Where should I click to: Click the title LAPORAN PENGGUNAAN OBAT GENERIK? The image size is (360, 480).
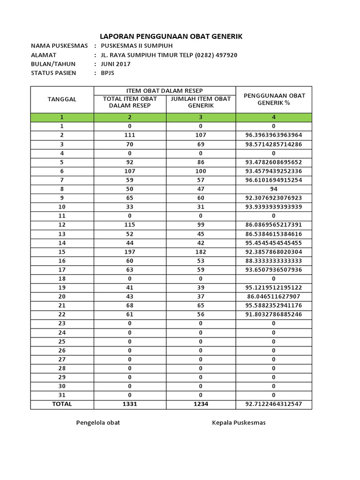pos(171,37)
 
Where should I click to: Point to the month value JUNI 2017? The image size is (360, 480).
pos(115,64)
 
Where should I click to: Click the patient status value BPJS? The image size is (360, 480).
pos(107,73)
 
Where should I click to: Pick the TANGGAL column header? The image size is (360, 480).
pos(62,99)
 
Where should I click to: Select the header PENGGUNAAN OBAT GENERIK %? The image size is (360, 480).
pos(274,99)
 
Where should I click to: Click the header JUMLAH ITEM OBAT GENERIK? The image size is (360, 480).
pos(201,102)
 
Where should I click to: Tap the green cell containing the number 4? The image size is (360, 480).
pos(274,117)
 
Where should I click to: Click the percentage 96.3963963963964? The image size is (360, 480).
pos(274,135)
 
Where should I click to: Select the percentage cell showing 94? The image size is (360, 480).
pos(274,189)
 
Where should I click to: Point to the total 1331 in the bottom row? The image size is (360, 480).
pos(130,404)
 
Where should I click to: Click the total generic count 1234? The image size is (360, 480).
pos(201,404)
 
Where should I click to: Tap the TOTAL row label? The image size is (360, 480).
pos(62,404)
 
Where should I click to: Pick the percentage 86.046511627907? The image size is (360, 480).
pos(274,297)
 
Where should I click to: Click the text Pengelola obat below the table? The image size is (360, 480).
pos(98,423)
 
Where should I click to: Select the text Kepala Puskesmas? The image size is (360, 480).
pos(239,423)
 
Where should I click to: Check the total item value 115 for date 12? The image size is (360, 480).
pos(130,225)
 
